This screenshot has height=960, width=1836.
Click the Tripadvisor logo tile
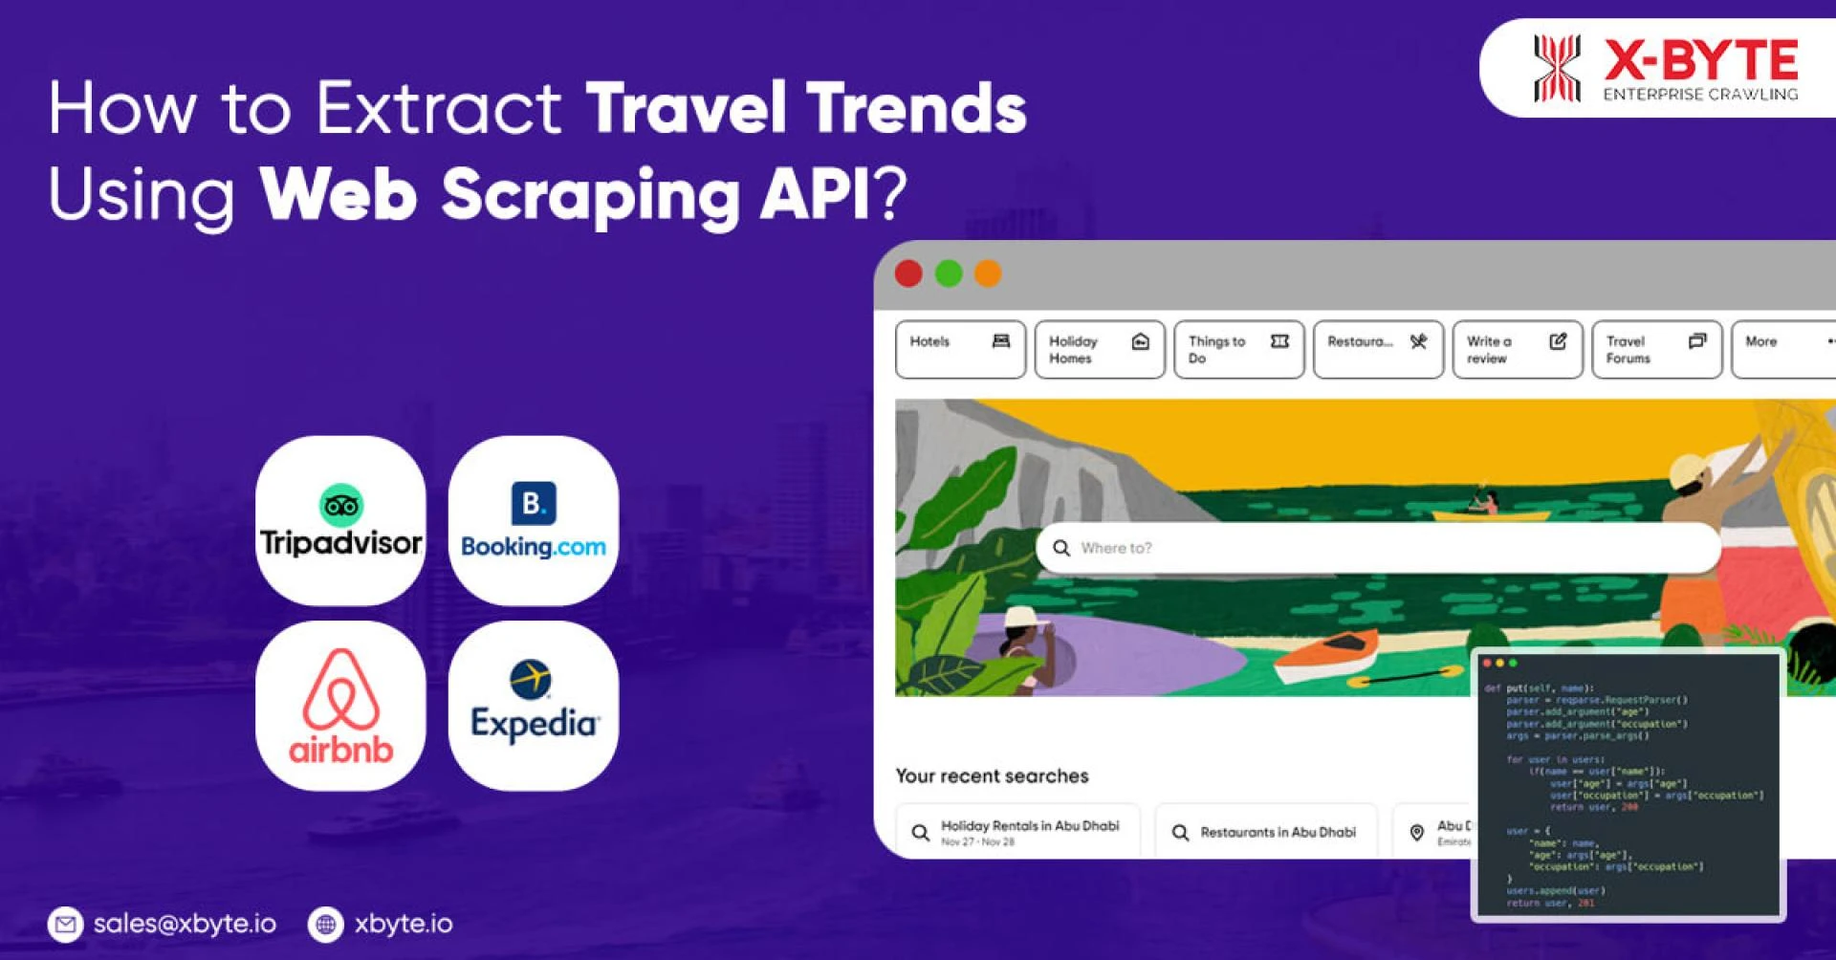pyautogui.click(x=340, y=521)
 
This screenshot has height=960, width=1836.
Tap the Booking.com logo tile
pyautogui.click(x=533, y=521)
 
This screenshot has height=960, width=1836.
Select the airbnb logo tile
pyautogui.click(x=340, y=706)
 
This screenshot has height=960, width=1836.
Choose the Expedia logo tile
pyautogui.click(x=533, y=706)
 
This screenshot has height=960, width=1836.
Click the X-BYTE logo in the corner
pyautogui.click(x=1664, y=69)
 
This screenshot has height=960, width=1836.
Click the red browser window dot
pyautogui.click(x=908, y=274)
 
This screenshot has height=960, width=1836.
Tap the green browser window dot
pyautogui.click(x=949, y=274)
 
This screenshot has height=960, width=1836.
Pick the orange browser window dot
pyautogui.click(x=988, y=274)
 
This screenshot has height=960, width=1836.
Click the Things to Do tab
pyautogui.click(x=1238, y=350)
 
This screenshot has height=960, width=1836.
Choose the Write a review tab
pyautogui.click(x=1517, y=350)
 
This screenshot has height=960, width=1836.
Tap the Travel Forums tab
pyautogui.click(x=1656, y=350)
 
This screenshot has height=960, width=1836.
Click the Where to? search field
pyautogui.click(x=1377, y=548)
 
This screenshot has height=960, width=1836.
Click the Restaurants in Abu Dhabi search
pyautogui.click(x=1265, y=832)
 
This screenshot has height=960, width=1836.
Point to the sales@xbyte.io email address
pyautogui.click(x=185, y=924)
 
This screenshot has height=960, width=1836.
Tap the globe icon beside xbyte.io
pyautogui.click(x=325, y=924)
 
